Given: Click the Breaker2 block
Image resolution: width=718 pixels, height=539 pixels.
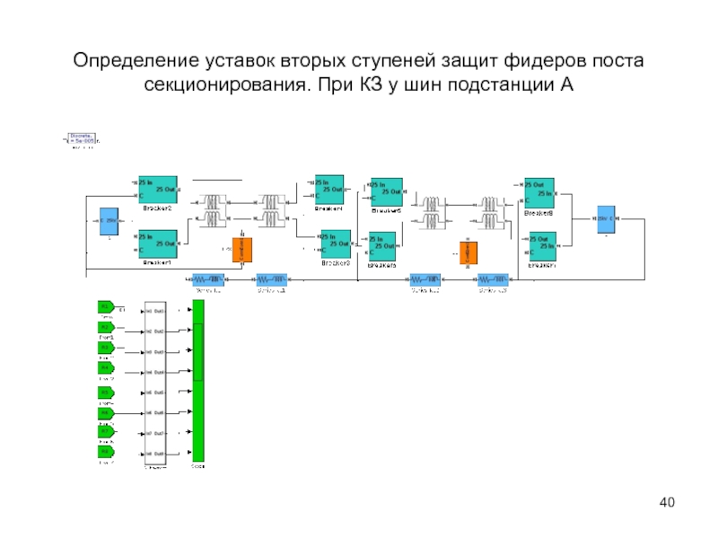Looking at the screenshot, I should click(x=157, y=189).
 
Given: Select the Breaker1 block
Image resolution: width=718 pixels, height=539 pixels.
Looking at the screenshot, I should click(x=157, y=243).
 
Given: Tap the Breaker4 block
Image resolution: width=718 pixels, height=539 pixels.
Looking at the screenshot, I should click(x=329, y=189).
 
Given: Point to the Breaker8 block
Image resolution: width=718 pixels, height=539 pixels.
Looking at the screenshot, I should click(x=539, y=192).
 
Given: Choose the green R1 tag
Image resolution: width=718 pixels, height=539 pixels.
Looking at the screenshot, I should click(x=106, y=307).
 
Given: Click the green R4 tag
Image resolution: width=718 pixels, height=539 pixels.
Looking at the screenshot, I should click(x=106, y=369).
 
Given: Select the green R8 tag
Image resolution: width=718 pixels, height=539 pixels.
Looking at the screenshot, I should click(x=106, y=452).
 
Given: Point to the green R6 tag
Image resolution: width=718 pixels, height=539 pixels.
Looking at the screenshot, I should click(x=106, y=411).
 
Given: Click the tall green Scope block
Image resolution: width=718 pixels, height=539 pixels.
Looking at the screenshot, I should click(x=198, y=381).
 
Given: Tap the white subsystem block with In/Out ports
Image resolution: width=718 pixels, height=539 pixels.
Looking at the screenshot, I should click(x=155, y=381).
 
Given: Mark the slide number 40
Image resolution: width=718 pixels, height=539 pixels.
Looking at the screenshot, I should click(x=666, y=501).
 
